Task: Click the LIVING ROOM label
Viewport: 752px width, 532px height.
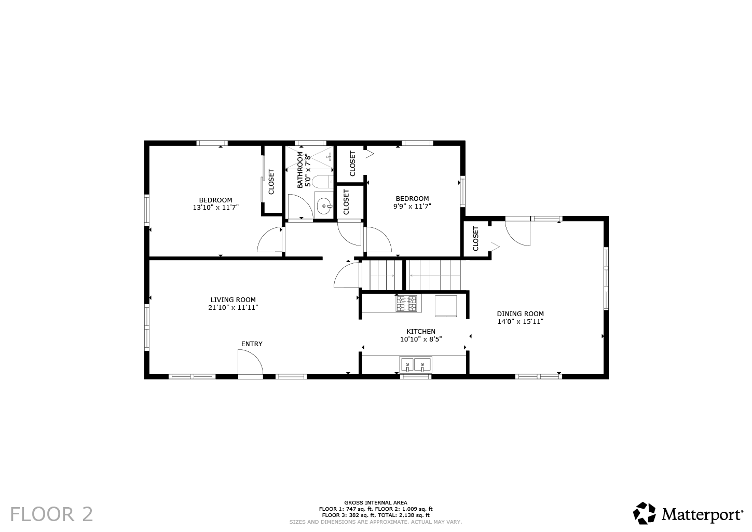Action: point(233,299)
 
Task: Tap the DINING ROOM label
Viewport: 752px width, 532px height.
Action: point(520,313)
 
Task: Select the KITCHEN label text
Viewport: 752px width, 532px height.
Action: point(420,331)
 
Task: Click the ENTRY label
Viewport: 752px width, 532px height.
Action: point(252,344)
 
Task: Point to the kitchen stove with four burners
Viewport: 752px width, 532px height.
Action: point(406,304)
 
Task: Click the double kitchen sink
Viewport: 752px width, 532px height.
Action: point(415,365)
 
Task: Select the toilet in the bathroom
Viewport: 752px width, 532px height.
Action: point(322,182)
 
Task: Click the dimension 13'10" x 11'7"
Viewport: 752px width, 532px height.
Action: point(215,207)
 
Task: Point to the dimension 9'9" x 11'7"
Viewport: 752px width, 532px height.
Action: point(412,206)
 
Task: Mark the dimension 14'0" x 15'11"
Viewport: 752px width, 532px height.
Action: point(520,321)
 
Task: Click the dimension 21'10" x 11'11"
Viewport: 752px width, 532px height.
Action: point(233,307)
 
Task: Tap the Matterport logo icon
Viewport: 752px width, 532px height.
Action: point(645,513)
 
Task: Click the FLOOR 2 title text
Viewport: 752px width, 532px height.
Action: point(52,514)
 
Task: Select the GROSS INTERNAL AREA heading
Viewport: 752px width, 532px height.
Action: point(375,502)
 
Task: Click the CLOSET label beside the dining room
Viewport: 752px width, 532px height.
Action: point(476,239)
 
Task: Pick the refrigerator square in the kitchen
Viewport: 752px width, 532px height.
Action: point(446,305)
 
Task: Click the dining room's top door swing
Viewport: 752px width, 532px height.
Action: point(518,233)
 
